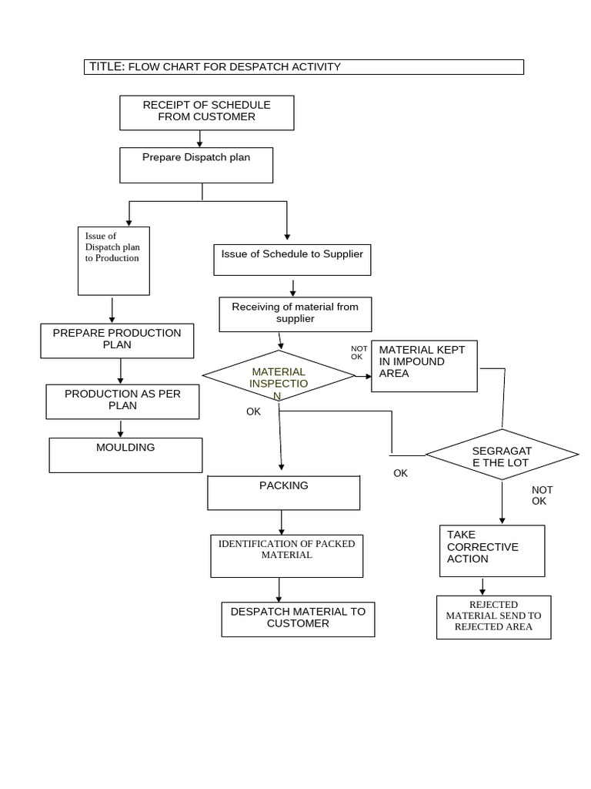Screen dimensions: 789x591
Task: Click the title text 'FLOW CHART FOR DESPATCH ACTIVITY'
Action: click(x=234, y=67)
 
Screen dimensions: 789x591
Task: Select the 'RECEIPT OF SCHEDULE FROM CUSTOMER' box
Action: click(x=207, y=112)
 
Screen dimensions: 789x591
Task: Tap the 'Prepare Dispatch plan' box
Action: click(x=196, y=165)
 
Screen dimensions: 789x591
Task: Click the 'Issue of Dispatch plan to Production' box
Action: click(x=114, y=260)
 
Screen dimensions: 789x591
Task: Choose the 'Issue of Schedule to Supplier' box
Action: click(x=292, y=260)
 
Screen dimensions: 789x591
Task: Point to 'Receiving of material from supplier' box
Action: click(x=295, y=314)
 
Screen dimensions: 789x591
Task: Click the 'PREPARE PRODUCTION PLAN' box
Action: click(x=117, y=341)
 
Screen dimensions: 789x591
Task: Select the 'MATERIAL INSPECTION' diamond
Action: click(x=279, y=376)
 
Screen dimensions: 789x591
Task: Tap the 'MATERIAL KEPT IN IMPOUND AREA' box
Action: click(x=424, y=366)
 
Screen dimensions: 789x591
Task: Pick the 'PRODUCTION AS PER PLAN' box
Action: click(x=122, y=401)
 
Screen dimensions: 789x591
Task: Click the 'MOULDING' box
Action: click(x=125, y=455)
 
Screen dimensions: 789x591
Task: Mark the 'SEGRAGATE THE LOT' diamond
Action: click(x=502, y=455)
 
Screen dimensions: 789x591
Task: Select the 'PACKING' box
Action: click(x=283, y=492)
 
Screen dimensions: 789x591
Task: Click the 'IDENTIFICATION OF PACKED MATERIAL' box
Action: click(x=286, y=556)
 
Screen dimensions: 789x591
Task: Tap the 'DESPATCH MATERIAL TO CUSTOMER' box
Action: click(x=298, y=619)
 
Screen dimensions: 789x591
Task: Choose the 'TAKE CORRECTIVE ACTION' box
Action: click(x=492, y=550)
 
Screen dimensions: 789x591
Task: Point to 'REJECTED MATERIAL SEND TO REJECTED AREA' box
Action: click(x=493, y=616)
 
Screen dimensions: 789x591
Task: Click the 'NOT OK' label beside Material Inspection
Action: click(x=359, y=352)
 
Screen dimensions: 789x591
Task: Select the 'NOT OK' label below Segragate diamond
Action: click(x=542, y=495)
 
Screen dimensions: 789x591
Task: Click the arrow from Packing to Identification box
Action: click(x=282, y=522)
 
